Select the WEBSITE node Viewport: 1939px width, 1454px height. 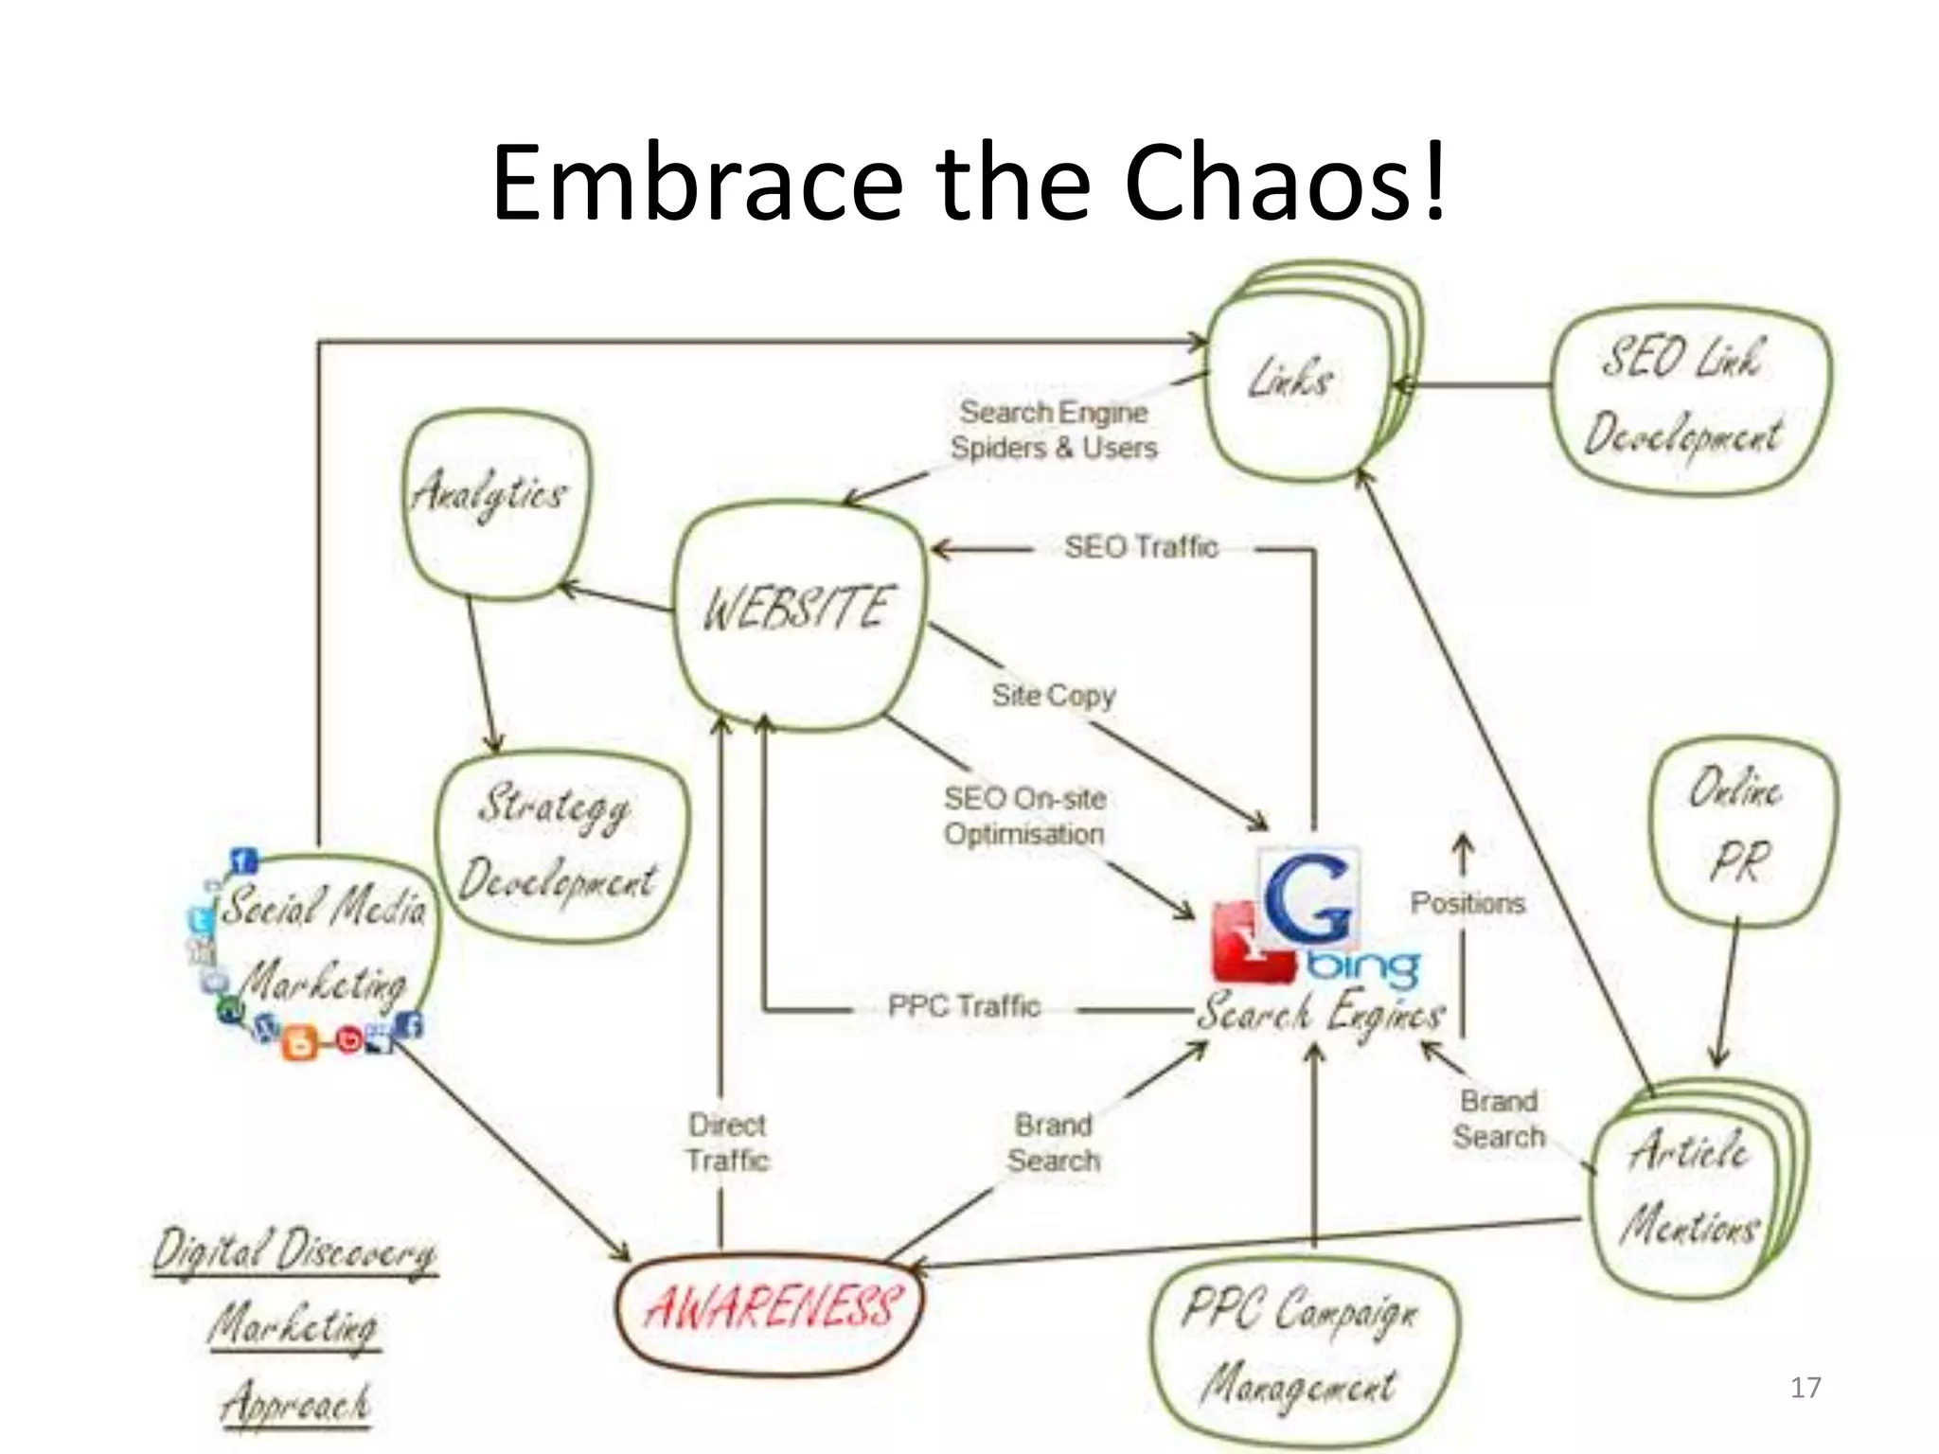[798, 611]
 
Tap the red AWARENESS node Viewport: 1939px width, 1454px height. [769, 1309]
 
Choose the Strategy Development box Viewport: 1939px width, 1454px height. [560, 844]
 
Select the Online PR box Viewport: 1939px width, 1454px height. [1740, 828]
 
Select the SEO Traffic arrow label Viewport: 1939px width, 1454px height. [1141, 547]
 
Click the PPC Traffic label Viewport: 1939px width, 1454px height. [964, 1005]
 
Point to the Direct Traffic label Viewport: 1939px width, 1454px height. [728, 1143]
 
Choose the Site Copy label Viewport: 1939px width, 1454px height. [1054, 696]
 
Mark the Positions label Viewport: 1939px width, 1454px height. [1468, 903]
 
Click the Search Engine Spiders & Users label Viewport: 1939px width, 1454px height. [1054, 430]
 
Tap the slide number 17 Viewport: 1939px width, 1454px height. [1806, 1388]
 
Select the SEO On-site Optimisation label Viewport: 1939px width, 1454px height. [1025, 816]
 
